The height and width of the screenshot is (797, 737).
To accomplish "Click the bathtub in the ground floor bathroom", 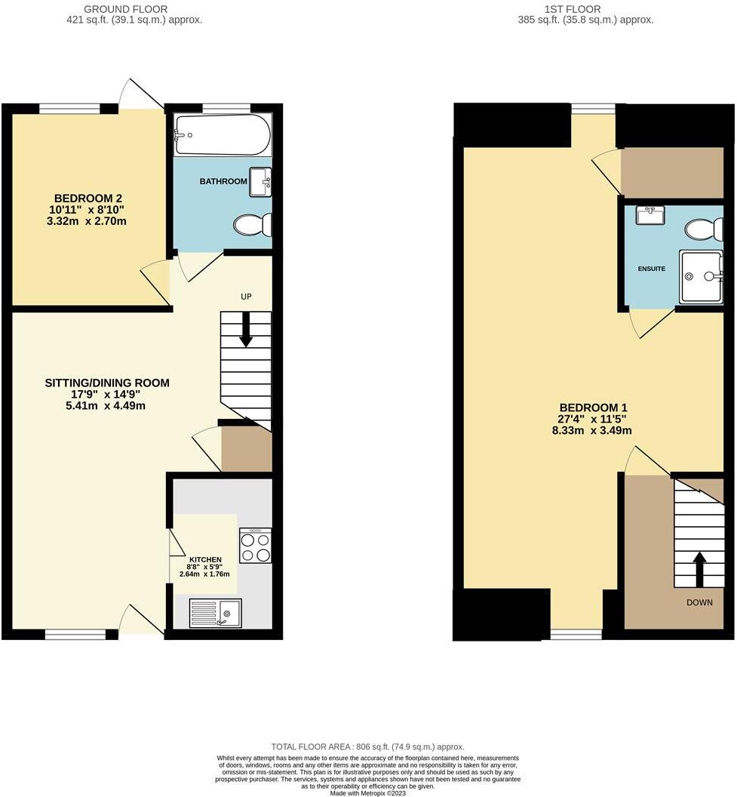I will [x=222, y=134].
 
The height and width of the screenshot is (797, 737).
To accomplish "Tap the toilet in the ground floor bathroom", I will [x=252, y=224].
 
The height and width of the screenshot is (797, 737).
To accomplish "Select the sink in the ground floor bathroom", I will [x=261, y=182].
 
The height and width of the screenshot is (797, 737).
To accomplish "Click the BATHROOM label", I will [x=223, y=182].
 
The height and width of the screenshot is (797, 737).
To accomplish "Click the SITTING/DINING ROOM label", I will [x=106, y=383].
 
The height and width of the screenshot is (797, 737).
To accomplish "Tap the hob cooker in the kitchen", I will [x=255, y=546].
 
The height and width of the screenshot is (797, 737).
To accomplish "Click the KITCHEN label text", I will [x=205, y=559].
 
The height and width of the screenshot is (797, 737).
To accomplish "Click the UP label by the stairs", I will [x=246, y=297].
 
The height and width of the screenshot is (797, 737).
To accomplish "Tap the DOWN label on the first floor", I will [x=700, y=602].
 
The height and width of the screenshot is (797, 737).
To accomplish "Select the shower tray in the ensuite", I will [x=701, y=276].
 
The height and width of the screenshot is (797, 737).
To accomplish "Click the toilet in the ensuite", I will [x=705, y=229].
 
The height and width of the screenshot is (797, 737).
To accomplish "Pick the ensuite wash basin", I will [x=649, y=216].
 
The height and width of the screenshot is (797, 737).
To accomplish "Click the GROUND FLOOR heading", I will [x=134, y=9].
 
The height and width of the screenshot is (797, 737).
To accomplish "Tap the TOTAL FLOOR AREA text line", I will [x=368, y=746].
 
